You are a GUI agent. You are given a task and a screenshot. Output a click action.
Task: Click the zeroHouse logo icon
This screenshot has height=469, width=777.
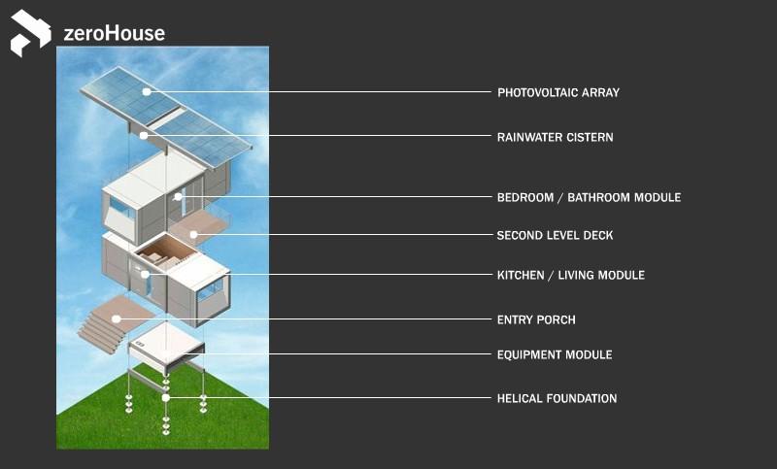click(x=30, y=33)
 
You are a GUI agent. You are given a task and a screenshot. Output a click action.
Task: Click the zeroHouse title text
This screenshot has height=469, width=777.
click(x=114, y=34)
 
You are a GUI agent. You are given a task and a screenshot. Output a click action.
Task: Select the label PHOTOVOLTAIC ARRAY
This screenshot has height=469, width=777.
click(x=557, y=93)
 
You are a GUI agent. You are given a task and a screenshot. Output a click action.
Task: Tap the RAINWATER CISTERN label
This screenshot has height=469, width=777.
click(x=555, y=138)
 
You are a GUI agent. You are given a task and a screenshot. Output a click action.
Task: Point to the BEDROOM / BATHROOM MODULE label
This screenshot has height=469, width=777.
click(x=589, y=198)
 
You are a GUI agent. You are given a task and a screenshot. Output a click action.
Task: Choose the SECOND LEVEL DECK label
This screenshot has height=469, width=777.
click(x=555, y=236)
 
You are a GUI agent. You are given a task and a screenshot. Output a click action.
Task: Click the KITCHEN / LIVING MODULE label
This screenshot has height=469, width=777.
click(x=570, y=276)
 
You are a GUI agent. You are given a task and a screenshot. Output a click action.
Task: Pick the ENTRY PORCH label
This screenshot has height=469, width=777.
click(x=535, y=319)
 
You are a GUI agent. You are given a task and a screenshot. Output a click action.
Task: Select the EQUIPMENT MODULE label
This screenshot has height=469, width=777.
click(x=554, y=355)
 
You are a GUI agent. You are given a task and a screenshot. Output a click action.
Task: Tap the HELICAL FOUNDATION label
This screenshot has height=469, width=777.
click(x=557, y=398)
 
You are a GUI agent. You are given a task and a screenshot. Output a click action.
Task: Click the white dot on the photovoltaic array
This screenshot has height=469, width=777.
click(x=148, y=92)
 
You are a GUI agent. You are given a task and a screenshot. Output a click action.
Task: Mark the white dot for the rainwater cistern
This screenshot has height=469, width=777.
click(x=144, y=136)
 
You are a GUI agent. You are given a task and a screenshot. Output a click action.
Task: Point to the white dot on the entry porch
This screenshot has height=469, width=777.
click(x=116, y=318)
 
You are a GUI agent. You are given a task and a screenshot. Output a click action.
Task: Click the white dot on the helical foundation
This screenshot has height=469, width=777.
click(x=166, y=397)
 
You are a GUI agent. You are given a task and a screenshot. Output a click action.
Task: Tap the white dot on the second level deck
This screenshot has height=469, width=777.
click(x=193, y=235)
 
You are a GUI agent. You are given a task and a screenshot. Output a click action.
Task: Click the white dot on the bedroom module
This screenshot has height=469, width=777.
click(x=178, y=197)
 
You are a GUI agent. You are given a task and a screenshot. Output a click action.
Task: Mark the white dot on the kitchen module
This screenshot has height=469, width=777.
click(x=146, y=275)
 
